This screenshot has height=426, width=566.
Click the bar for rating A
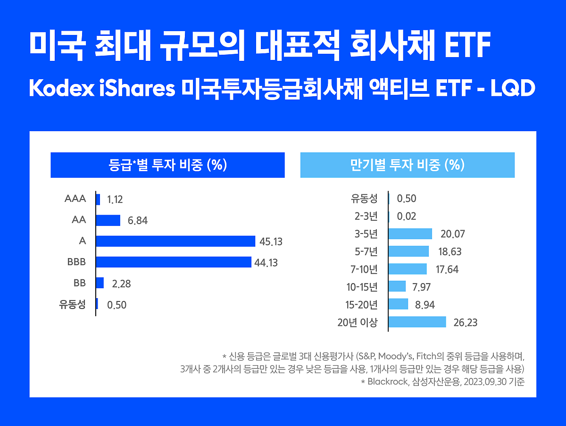[x=175, y=241]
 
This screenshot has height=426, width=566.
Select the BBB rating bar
[x=174, y=262]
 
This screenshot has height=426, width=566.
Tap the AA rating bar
[x=108, y=220]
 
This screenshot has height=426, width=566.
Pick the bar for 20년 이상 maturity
[x=417, y=322]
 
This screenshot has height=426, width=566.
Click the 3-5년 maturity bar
[x=410, y=234]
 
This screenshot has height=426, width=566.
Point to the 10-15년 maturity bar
[x=397, y=286]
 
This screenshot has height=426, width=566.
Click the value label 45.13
[x=271, y=242]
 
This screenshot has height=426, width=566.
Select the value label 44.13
[x=266, y=263]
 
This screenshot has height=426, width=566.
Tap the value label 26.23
[x=465, y=323]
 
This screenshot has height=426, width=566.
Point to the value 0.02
[x=407, y=217]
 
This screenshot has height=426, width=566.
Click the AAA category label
[x=75, y=199]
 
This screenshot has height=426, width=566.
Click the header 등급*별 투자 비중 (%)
[x=167, y=165]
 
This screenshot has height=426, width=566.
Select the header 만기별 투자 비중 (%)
[x=407, y=165]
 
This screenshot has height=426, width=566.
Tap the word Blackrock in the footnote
[x=386, y=382]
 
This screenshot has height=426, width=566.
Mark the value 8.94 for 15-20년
[x=424, y=305]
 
